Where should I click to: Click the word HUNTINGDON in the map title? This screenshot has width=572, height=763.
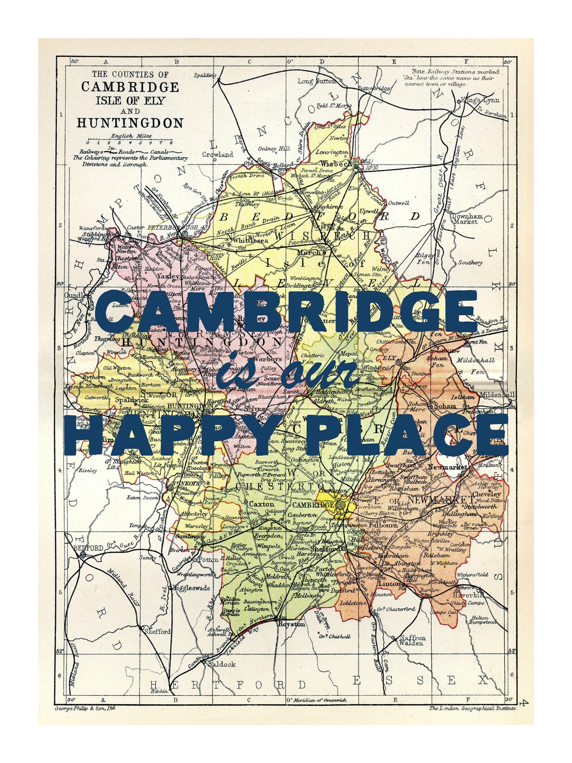tap(130, 123)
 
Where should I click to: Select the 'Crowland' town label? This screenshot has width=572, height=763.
tap(217, 155)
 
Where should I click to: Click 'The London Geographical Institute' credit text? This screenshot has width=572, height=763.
tap(472, 708)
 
